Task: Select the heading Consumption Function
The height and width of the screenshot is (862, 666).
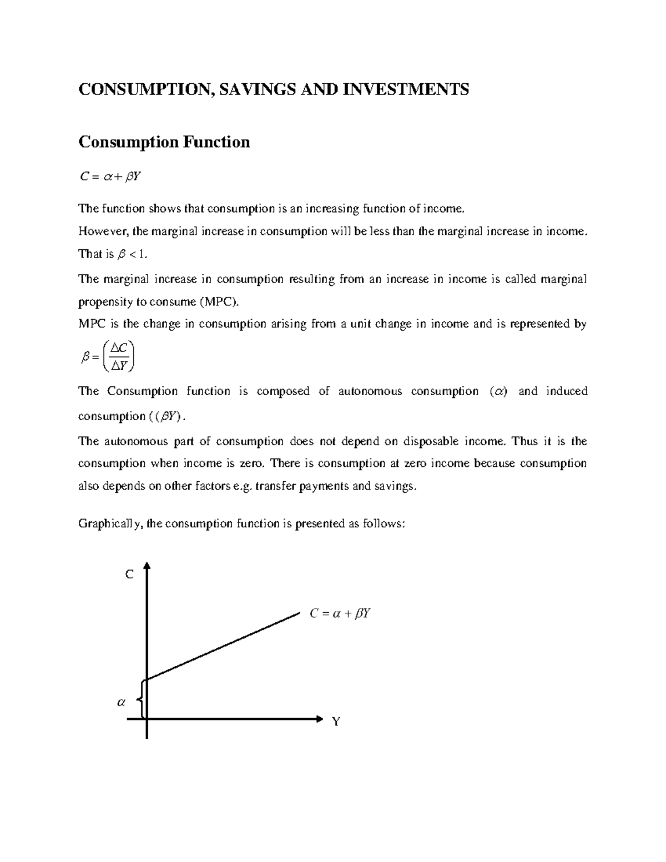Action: pyautogui.click(x=164, y=142)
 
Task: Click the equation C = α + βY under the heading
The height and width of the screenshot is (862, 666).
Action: pyautogui.click(x=110, y=177)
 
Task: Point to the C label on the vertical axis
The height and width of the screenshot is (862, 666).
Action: pyautogui.click(x=129, y=575)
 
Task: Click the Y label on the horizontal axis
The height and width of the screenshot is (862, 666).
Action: pyautogui.click(x=336, y=722)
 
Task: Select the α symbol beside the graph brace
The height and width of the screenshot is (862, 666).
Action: pyautogui.click(x=121, y=702)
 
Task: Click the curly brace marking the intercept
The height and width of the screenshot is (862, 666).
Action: pyautogui.click(x=142, y=699)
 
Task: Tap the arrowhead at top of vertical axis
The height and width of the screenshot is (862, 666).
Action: pyautogui.click(x=147, y=566)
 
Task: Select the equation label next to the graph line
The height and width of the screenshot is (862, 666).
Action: pyautogui.click(x=340, y=614)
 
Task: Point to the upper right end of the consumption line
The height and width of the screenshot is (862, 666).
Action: pyautogui.click(x=298, y=613)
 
